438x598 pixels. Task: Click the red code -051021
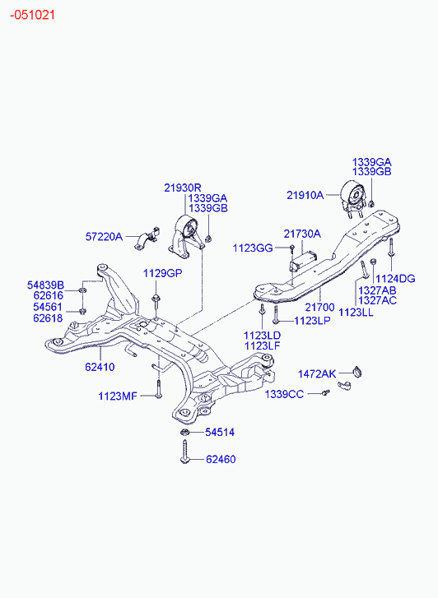(x=32, y=16)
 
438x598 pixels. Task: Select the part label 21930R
(x=183, y=188)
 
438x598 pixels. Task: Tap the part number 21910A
(x=305, y=195)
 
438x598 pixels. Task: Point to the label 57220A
(x=104, y=237)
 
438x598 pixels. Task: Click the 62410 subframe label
(x=100, y=367)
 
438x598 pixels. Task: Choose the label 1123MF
(x=118, y=396)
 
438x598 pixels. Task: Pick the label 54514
(x=220, y=432)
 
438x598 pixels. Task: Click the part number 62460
(x=221, y=459)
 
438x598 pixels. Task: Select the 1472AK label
(x=317, y=374)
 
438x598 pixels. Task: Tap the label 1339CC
(x=285, y=394)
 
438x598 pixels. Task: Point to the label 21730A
(x=302, y=234)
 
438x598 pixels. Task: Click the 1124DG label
(x=395, y=279)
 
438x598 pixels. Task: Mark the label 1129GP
(x=163, y=273)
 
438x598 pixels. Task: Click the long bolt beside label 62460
(x=185, y=452)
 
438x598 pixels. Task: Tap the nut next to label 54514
(x=184, y=432)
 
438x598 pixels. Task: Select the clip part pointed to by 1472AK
(x=358, y=371)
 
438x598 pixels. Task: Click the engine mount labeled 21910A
(x=352, y=199)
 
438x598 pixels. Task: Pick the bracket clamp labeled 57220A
(x=147, y=239)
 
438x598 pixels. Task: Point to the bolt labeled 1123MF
(x=158, y=389)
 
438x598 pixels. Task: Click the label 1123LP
(x=312, y=321)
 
